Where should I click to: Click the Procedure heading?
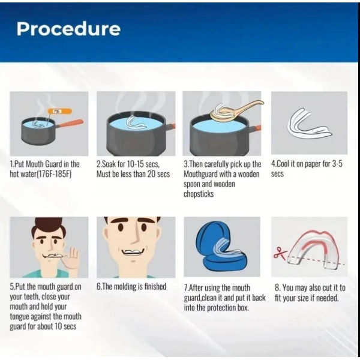68,29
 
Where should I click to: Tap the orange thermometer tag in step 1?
59,112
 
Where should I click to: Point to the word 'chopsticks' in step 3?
199,194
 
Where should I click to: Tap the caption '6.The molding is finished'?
131,286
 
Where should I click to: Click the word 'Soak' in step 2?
109,164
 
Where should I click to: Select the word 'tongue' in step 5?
19,317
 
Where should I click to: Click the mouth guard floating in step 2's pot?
136,122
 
